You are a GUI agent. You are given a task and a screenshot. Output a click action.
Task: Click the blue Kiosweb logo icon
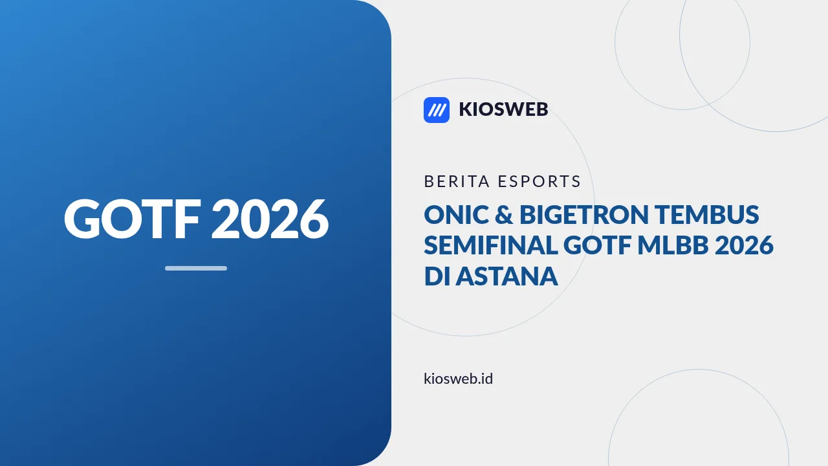coord(437,110)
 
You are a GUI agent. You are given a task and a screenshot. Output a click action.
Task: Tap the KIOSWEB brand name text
coord(503,109)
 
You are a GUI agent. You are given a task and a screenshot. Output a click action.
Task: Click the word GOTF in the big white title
coord(133,219)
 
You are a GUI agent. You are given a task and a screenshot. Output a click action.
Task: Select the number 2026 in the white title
coord(270,219)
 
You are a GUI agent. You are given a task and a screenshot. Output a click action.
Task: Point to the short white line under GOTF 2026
coord(196,268)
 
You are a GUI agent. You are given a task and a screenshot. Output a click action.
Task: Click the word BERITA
coord(457,181)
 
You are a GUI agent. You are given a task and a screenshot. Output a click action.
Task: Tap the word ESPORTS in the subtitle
coord(539,181)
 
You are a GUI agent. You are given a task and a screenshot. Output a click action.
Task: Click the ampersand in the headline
coord(504,215)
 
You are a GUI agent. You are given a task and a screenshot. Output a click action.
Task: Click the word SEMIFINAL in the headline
coord(491,245)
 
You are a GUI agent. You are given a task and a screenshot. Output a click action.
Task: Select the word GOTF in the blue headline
coord(597,245)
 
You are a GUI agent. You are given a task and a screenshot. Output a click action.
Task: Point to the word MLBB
coord(673,245)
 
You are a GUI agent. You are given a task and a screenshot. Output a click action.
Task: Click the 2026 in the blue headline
coord(744,245)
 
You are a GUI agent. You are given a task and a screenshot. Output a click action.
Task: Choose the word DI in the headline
coord(437,276)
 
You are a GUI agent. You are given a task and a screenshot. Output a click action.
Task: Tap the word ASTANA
coord(507,276)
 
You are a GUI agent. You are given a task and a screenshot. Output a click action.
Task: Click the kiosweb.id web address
coord(459,379)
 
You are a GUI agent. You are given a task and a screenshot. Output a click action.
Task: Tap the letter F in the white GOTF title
coord(188,219)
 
